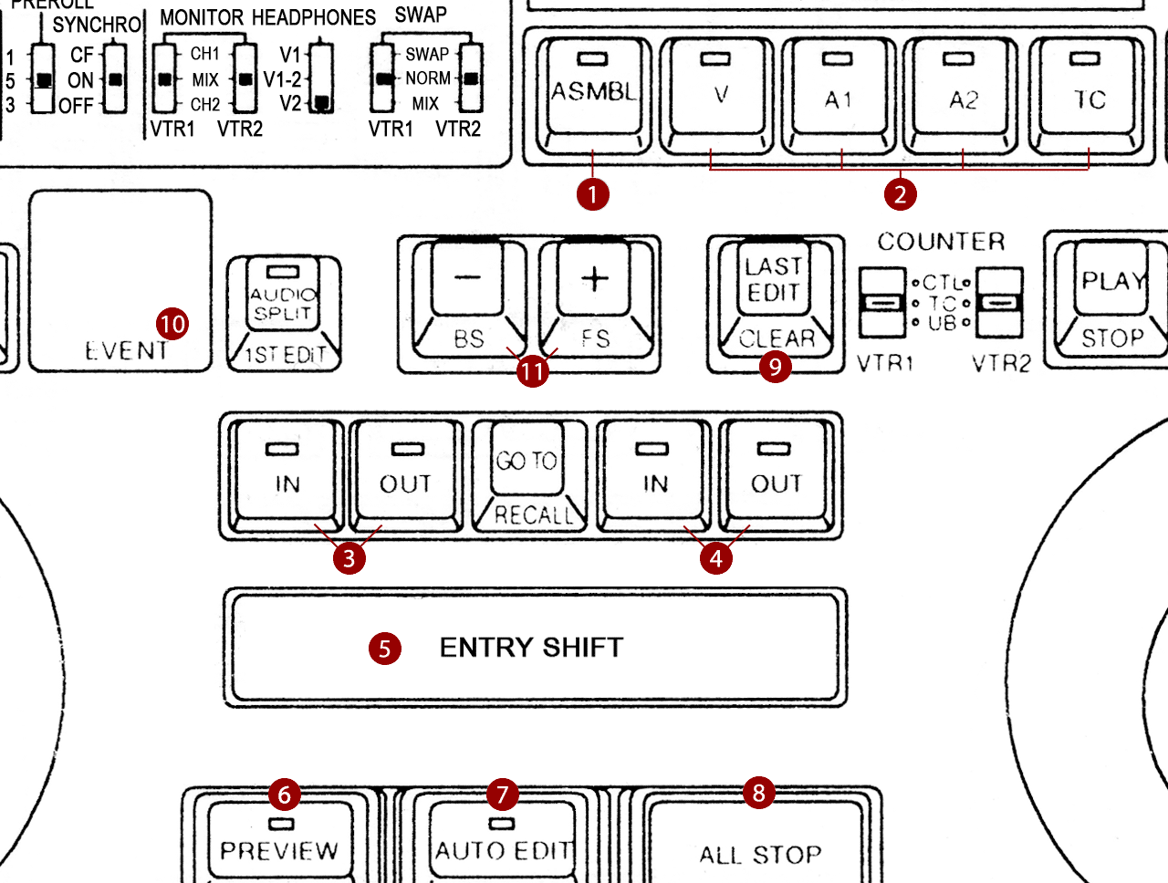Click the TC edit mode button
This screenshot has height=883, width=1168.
coord(1087,95)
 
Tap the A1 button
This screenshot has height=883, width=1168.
coord(839,95)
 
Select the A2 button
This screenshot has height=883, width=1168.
coord(961,95)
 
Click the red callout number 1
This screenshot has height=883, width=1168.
coord(593,194)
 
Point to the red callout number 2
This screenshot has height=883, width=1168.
coord(901,194)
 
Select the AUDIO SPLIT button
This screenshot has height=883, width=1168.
coord(284,314)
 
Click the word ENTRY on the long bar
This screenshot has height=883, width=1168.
coord(486,648)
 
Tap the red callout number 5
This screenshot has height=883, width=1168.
coord(385,649)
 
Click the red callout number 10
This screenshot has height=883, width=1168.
coord(172,324)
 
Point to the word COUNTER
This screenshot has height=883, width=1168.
coord(941,242)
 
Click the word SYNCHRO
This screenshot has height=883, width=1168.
coord(97,25)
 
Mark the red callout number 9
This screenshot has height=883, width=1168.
coord(776,367)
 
